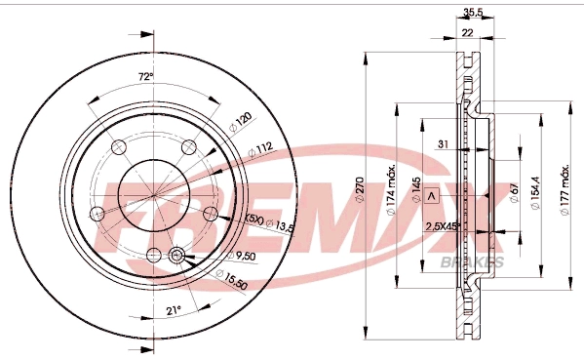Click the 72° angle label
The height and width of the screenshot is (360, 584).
(146, 77)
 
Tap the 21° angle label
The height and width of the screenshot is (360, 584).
(174, 310)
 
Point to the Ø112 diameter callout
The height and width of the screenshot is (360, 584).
(260, 150)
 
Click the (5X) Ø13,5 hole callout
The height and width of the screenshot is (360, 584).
(270, 223)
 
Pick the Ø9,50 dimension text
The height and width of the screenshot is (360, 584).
(242, 256)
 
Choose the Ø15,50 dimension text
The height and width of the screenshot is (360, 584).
(231, 280)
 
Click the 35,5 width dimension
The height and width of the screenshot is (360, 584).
(473, 13)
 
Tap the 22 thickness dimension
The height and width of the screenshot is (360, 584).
(467, 33)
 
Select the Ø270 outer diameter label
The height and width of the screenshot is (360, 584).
(360, 189)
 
